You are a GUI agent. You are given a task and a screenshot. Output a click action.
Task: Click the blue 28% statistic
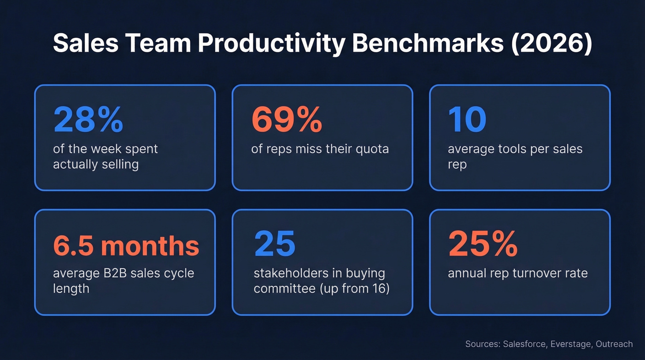point(88,119)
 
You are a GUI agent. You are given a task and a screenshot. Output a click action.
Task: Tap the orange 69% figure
point(287,119)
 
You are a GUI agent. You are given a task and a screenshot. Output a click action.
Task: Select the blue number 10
point(467,119)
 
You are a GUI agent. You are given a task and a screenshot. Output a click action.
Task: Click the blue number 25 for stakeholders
point(275,245)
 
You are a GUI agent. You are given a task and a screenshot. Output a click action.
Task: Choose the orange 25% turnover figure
point(483,245)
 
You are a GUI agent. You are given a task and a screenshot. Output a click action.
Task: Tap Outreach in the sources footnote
point(614,344)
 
